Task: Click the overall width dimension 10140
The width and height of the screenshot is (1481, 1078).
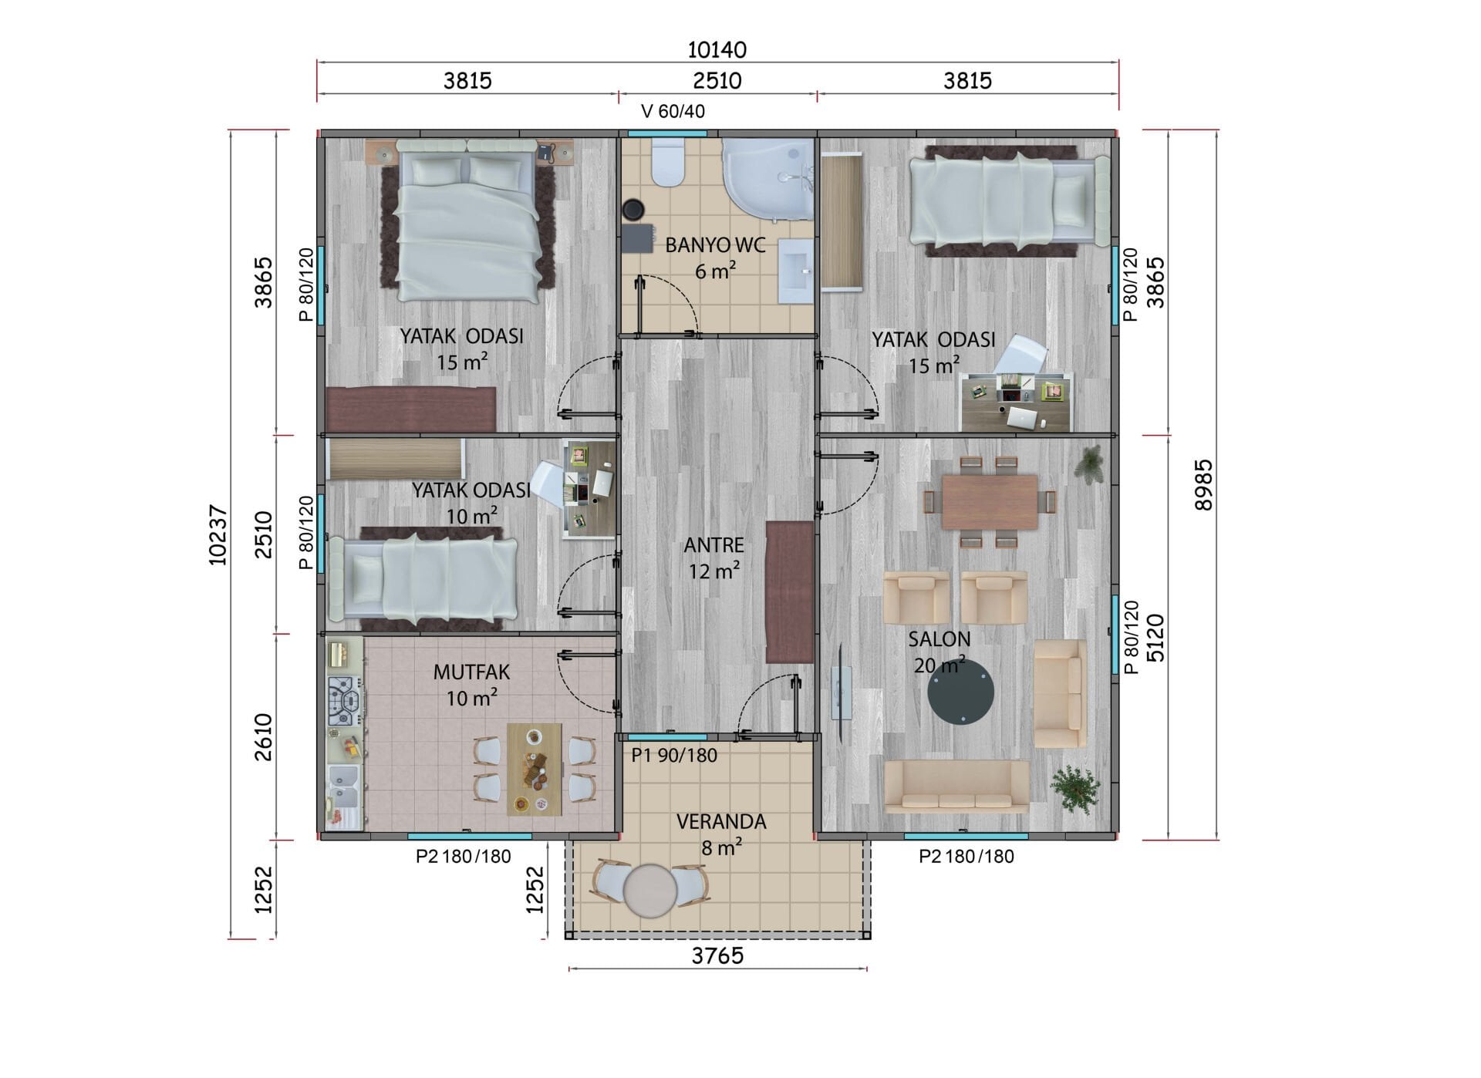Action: [x=717, y=50]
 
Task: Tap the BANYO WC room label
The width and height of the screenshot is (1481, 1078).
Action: [x=715, y=246]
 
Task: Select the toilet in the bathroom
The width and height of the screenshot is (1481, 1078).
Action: [x=667, y=162]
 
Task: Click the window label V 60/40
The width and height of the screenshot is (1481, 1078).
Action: [x=673, y=112]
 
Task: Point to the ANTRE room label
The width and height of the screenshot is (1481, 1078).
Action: [x=714, y=545]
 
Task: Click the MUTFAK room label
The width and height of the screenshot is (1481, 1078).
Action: [x=471, y=672]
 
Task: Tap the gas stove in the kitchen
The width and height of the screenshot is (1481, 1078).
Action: [x=344, y=701]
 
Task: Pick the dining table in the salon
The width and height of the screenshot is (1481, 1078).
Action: [x=990, y=502]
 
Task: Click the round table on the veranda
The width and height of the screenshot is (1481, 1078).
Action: [x=649, y=890]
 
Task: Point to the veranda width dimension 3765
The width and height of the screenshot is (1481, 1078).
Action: [x=717, y=956]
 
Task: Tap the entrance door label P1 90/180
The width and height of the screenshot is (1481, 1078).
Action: [x=674, y=755]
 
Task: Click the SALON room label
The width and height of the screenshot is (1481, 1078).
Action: [x=939, y=639]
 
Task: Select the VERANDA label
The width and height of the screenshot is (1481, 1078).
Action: [x=721, y=822]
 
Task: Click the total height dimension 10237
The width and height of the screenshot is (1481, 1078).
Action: [x=218, y=534]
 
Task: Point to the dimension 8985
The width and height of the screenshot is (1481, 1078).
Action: [x=1203, y=485]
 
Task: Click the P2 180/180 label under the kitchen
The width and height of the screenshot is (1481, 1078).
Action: [x=463, y=857]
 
